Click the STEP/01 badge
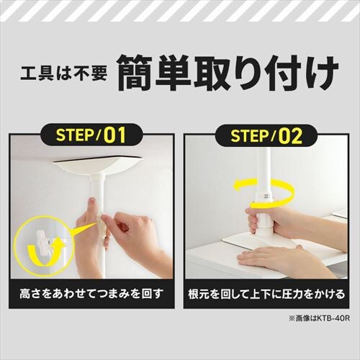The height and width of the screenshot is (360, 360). (x=90, y=135)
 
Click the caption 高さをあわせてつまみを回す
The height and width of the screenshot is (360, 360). (x=90, y=295)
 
